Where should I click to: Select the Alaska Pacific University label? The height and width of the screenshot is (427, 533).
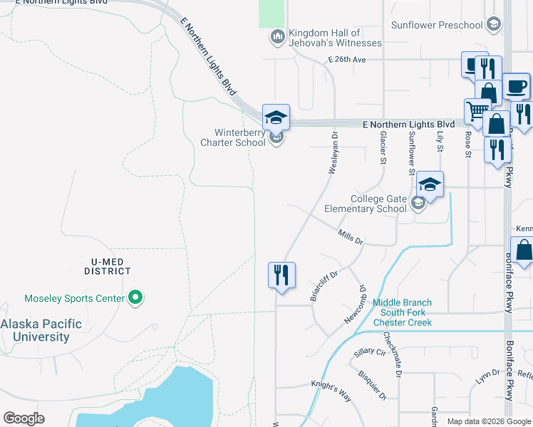41,330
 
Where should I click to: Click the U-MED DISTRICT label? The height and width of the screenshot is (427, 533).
106,266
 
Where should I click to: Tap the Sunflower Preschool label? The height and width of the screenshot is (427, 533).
437,25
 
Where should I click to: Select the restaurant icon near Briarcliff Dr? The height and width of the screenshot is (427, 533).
281,274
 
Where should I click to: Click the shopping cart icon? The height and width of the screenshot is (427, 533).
476,110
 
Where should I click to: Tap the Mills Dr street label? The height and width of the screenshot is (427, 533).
351,237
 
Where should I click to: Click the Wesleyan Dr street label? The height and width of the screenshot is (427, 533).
333,152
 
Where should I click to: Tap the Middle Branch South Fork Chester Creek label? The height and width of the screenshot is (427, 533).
402,312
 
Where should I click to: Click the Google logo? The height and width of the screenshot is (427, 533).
24,418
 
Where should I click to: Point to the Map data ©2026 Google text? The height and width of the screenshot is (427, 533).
488,421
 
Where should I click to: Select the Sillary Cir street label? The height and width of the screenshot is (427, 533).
370,352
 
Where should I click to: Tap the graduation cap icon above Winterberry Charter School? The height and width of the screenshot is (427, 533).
276,117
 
